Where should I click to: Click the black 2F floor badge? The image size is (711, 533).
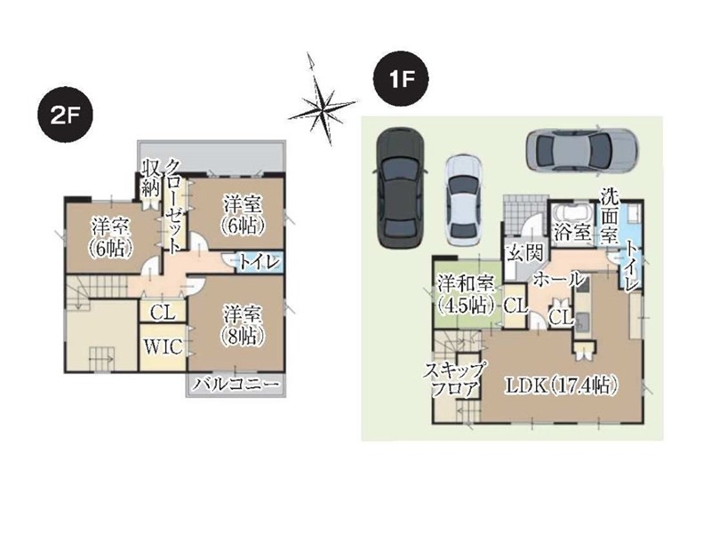point(65,117)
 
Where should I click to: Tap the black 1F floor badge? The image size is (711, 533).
point(401,79)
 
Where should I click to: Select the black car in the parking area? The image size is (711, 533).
point(400,188)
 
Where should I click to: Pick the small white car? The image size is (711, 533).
point(462,201)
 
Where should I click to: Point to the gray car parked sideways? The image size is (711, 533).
point(582,149)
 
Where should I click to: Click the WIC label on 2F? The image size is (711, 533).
point(164,346)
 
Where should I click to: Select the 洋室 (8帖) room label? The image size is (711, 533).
point(243,326)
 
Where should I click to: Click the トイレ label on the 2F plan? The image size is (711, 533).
point(259,263)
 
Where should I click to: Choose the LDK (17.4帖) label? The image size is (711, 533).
point(563,386)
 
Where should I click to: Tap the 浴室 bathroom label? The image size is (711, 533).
point(572,233)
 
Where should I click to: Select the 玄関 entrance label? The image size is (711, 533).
point(525,253)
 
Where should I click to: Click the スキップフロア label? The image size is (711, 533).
point(454,380)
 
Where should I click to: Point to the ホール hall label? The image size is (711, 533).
point(557,279)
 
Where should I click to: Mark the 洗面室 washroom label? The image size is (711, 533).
point(610,216)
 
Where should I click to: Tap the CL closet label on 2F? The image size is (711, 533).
point(163,313)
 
